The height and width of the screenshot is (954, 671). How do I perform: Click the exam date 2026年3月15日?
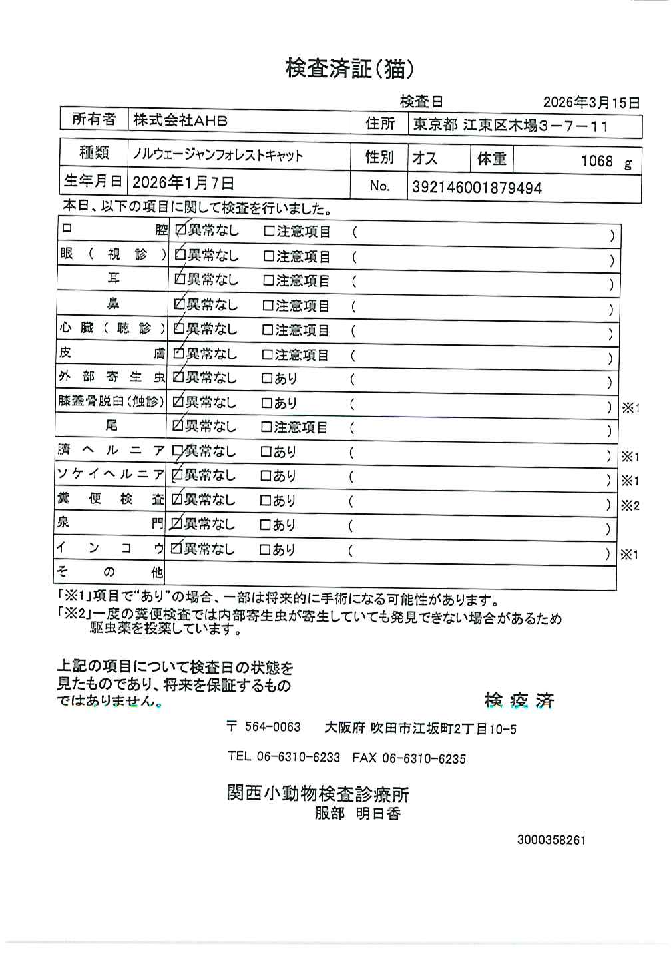click(x=591, y=103)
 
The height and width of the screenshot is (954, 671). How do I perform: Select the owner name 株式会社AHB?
click(x=180, y=120)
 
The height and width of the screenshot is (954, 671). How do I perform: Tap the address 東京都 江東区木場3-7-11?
click(x=511, y=125)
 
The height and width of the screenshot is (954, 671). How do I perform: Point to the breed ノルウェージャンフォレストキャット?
click(x=218, y=156)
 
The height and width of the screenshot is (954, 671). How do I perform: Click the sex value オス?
click(x=425, y=158)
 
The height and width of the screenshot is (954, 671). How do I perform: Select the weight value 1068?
click(x=596, y=161)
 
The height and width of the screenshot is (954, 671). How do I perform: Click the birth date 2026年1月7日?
click(x=183, y=183)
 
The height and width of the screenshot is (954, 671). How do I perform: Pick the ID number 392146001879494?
click(x=477, y=188)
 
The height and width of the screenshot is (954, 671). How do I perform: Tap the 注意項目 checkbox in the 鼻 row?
click(x=268, y=306)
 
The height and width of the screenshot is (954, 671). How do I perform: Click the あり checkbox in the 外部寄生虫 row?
click(x=266, y=379)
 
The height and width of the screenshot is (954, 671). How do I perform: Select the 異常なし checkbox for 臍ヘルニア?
click(x=177, y=451)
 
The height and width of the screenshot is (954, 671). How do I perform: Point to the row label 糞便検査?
click(x=111, y=499)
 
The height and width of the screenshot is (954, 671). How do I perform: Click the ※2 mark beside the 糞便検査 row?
click(x=630, y=505)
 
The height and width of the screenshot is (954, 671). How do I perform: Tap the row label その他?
click(x=111, y=571)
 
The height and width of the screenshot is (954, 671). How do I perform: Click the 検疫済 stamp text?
click(x=519, y=700)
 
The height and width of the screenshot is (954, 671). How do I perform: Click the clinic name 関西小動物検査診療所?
click(x=318, y=794)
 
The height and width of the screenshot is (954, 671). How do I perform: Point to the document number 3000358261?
click(x=551, y=840)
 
